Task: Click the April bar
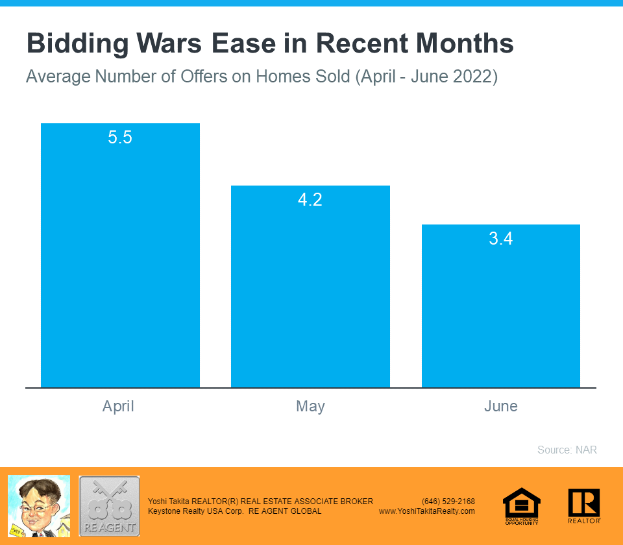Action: point(120,260)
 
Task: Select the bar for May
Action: point(310,292)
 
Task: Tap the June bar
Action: point(501,311)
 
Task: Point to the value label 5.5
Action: point(120,138)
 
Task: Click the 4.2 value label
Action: point(310,200)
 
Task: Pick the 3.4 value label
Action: point(501,239)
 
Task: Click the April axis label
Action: point(118,407)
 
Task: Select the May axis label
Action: point(310,407)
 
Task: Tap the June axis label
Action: point(501,407)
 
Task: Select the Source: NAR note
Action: point(567,450)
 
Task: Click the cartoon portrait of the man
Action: point(38,506)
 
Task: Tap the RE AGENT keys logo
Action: point(109,506)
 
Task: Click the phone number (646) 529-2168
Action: point(448,502)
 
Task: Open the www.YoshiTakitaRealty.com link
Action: point(427,511)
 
